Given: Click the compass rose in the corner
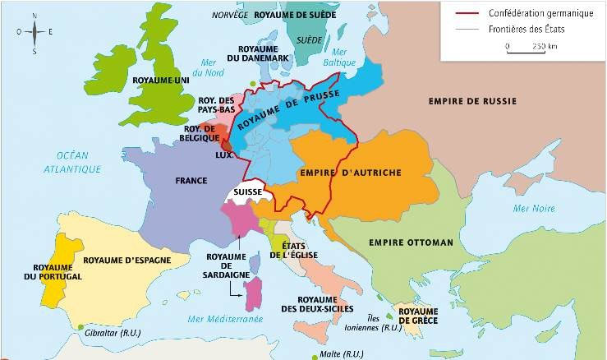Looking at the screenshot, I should tap(34, 32).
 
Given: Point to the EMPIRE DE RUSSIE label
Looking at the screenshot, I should tap(471, 101).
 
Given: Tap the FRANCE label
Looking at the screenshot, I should tap(191, 179).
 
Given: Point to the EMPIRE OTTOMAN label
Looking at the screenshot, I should tap(411, 242).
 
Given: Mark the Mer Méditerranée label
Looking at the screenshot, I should tap(224, 318).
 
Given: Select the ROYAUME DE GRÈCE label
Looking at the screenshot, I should tap(420, 316).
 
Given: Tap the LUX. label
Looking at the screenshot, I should tap(224, 155).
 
